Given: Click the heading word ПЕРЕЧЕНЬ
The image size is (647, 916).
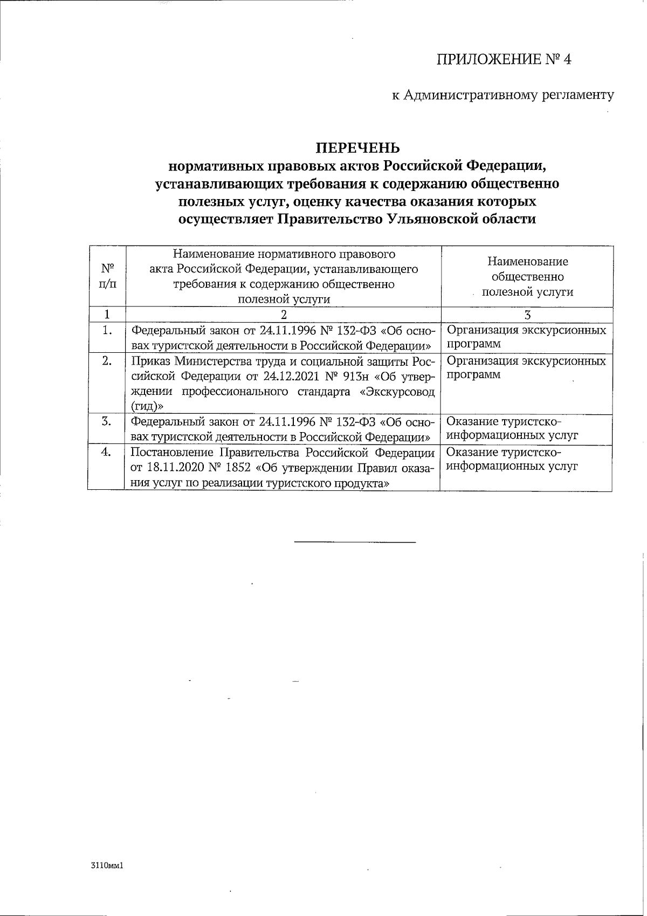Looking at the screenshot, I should (357, 147).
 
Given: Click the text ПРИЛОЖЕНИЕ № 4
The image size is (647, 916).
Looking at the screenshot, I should (503, 59).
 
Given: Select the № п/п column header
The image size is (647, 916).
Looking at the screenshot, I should (107, 276).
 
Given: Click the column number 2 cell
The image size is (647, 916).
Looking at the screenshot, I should (284, 315).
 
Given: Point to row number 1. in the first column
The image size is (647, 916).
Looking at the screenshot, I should (107, 330).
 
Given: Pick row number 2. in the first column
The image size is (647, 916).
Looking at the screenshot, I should (107, 361).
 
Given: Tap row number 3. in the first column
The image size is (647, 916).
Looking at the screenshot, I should (107, 421).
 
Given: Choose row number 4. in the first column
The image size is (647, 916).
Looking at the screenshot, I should (107, 452).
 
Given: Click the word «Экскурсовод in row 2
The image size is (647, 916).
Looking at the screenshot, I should (397, 391).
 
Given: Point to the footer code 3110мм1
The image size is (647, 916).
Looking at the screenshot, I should (108, 866).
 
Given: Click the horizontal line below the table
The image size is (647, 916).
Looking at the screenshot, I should (355, 541).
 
